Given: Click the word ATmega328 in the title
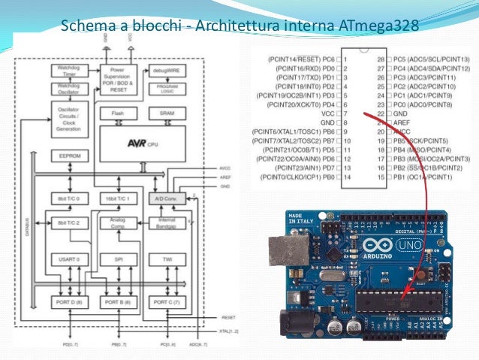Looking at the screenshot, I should point(378,27).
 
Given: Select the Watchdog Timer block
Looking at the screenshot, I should point(68,70).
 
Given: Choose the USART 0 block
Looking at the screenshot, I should point(68,259).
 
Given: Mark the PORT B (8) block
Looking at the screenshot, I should point(119,301).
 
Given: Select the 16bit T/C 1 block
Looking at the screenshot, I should point(119,199).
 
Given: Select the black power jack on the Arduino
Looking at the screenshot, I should point(289,324).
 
